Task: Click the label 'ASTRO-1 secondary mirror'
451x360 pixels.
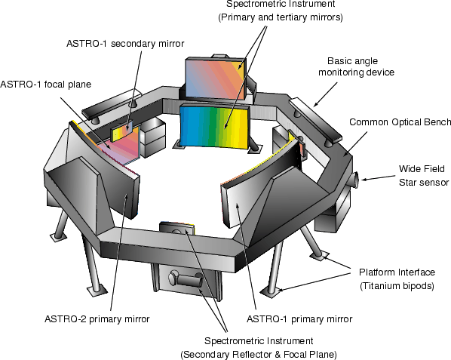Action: (125, 44)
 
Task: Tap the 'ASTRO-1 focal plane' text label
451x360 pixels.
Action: (46, 85)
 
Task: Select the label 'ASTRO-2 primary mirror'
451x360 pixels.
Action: (97, 319)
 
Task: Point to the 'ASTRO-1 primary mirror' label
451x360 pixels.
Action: (299, 319)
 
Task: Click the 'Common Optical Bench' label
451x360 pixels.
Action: (400, 122)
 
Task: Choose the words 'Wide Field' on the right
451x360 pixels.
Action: (422, 168)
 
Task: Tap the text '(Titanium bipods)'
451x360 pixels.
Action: (397, 286)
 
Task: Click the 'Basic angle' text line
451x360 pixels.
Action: (352, 61)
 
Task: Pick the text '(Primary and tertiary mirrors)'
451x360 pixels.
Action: (281, 17)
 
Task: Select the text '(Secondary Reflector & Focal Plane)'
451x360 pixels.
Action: (259, 354)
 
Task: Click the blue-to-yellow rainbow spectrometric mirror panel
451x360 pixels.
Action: (214, 128)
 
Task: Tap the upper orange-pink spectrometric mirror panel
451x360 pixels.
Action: (216, 78)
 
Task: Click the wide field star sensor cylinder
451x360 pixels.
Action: (354, 180)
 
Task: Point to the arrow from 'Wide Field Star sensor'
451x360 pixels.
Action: (379, 177)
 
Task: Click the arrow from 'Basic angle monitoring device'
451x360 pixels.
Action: (325, 94)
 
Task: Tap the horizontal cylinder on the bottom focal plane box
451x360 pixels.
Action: (187, 279)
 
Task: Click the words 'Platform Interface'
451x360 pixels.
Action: (397, 272)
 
